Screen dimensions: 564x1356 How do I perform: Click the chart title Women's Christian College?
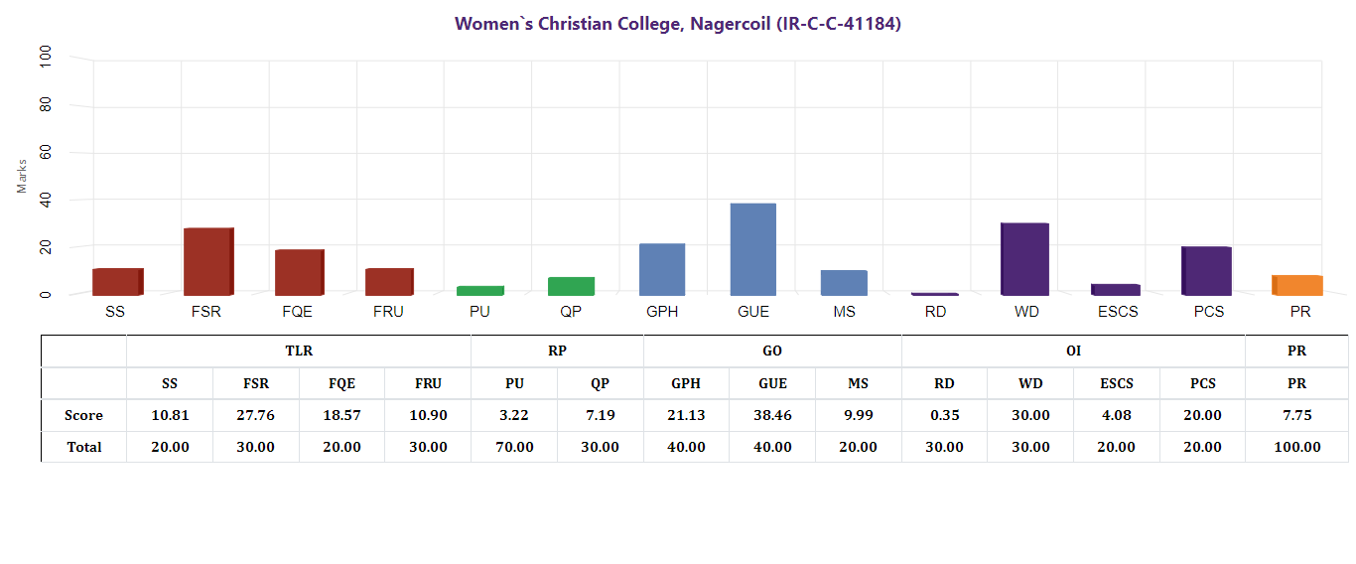678,24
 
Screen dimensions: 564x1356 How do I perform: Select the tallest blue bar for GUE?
753,249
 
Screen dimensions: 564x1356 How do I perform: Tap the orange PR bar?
1297,285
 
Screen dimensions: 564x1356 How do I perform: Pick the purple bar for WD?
1024,259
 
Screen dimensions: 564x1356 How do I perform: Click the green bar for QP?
571,286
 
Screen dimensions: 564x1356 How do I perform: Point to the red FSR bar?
208,261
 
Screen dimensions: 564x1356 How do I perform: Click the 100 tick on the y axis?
46,59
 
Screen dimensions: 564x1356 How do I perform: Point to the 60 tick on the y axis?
46,153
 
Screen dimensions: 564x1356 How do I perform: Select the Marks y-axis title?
22,176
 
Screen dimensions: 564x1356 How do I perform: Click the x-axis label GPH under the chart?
662,312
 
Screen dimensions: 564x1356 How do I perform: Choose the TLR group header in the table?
299,352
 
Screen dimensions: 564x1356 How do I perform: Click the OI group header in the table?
1073,352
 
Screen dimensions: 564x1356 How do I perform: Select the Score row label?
83,415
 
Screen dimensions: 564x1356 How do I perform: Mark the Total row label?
83,447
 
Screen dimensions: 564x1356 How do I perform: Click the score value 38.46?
772,415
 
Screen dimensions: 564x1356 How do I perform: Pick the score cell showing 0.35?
944,415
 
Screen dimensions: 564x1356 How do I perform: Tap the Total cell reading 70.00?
514,447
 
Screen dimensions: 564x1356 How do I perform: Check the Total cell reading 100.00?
1297,447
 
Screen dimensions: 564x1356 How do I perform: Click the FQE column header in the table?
342,383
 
